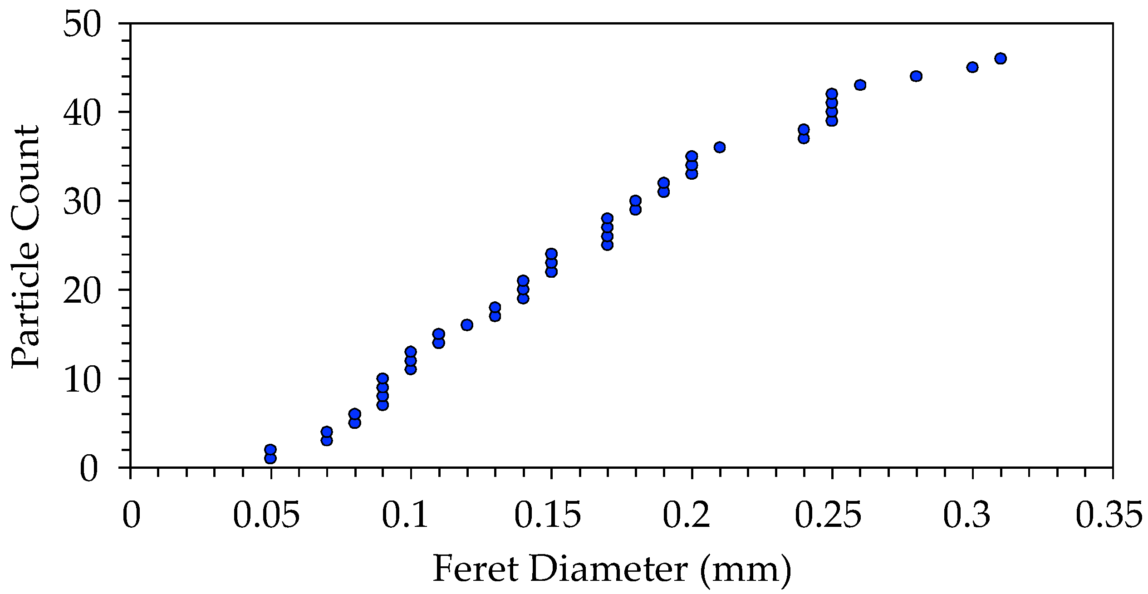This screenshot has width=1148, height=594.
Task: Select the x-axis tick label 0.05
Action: click(266, 515)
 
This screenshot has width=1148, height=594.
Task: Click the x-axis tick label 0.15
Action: click(547, 515)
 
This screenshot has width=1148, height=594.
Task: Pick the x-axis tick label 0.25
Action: click(828, 515)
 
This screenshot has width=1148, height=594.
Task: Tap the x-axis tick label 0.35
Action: click(1109, 515)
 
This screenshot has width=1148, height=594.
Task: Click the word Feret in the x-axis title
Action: click(476, 569)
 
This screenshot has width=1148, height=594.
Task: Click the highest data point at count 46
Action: click(1001, 59)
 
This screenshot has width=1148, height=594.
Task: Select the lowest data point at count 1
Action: click(270, 458)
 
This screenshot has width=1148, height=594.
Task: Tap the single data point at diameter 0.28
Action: click(916, 76)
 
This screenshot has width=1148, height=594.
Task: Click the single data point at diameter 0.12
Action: click(467, 325)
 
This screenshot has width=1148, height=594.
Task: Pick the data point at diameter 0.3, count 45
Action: click(972, 67)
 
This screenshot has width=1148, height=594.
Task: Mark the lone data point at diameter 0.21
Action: click(720, 147)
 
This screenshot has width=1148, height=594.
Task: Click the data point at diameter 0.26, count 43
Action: click(860, 85)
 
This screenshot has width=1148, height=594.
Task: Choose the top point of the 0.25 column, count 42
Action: click(832, 94)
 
